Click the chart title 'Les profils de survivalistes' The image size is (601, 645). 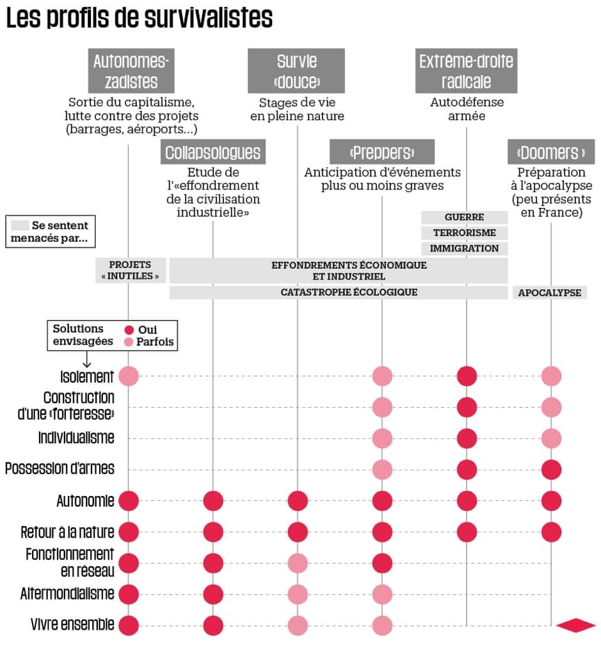coord(140,18)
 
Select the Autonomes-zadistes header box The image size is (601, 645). coord(131,71)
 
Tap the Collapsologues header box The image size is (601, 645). coord(213,152)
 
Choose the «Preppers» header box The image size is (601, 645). coord(382,152)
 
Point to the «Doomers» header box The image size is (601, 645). coord(551,152)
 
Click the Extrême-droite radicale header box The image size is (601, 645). coord(466,71)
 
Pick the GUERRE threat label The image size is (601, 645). coord(465,217)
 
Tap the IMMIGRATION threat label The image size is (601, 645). coord(465,248)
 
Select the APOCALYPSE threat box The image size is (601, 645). coord(550,292)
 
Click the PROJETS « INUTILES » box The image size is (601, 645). coord(131,270)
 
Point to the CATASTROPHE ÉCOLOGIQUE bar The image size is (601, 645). coord(339,292)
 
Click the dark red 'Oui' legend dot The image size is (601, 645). coord(129,330)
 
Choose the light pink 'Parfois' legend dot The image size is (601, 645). coord(129,342)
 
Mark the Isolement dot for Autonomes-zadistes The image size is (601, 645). coord(129,376)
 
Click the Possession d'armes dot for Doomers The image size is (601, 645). coord(551,470)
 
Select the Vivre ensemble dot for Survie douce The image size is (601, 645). coord(298,626)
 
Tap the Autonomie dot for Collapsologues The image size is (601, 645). coord(213,501)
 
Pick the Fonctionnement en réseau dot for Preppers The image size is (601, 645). coord(382,563)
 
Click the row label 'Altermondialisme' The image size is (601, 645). coord(67,594)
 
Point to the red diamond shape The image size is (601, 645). coord(575,625)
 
